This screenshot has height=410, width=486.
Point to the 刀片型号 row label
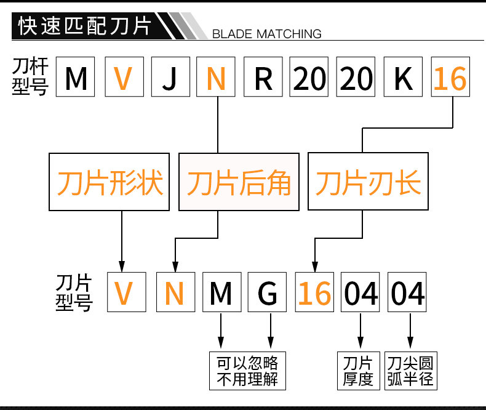[73, 292]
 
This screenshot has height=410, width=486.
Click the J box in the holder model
[169, 78]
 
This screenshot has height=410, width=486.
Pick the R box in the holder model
[263, 78]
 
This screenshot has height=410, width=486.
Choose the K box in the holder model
[404, 78]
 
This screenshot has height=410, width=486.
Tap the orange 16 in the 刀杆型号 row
[450, 78]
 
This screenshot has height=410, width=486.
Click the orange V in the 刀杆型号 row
[123, 78]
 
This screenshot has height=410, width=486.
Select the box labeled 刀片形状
[111, 182]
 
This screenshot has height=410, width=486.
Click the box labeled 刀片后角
[239, 182]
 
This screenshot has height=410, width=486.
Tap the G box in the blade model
[268, 293]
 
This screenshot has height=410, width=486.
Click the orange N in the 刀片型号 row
[175, 293]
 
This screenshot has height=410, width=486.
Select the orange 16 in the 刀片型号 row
[314, 293]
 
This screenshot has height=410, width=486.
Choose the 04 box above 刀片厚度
[361, 293]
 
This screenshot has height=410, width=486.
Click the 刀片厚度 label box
[358, 370]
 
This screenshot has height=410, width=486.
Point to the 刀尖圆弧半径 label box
[410, 370]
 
